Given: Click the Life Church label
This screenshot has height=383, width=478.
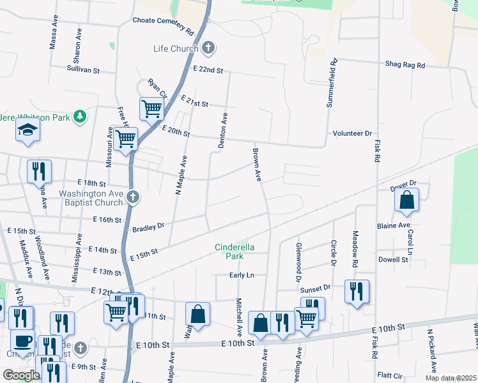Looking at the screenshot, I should coord(176,49).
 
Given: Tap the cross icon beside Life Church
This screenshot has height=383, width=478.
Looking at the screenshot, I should coord(208,48).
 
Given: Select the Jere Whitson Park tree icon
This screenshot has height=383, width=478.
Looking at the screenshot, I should coord(80,116).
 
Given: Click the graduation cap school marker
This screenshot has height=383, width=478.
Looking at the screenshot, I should coord(27,130).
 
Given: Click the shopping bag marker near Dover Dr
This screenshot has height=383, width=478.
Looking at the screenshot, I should coord(406,200).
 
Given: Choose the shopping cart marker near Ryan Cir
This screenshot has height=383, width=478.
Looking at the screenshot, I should coord(152,108).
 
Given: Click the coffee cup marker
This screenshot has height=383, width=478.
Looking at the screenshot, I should coord(22,340).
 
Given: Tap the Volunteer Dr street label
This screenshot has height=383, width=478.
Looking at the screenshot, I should coord(351,133).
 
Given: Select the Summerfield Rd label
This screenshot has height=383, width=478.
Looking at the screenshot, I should coord(332,84).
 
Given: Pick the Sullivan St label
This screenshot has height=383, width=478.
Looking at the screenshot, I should coord(84,68).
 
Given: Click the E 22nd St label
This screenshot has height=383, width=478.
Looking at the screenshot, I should coord(208,70).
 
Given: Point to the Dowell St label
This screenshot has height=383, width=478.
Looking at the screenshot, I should coord(393,260).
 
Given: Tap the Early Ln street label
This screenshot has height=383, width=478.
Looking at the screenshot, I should coord(242,275).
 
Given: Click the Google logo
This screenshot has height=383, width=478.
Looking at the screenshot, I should coord(21,375).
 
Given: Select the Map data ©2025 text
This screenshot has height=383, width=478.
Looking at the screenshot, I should coord(451,378).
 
